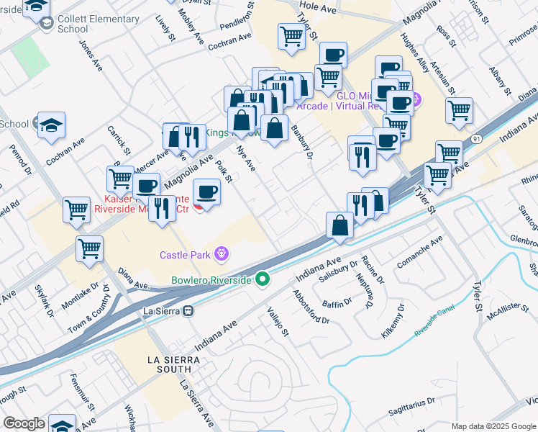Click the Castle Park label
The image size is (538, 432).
(x=185, y=255)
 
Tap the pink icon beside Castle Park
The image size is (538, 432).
(x=222, y=254)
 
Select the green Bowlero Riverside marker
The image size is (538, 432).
(x=264, y=279)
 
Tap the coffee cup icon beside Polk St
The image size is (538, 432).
(x=207, y=192)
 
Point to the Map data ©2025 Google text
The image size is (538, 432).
(x=493, y=426)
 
